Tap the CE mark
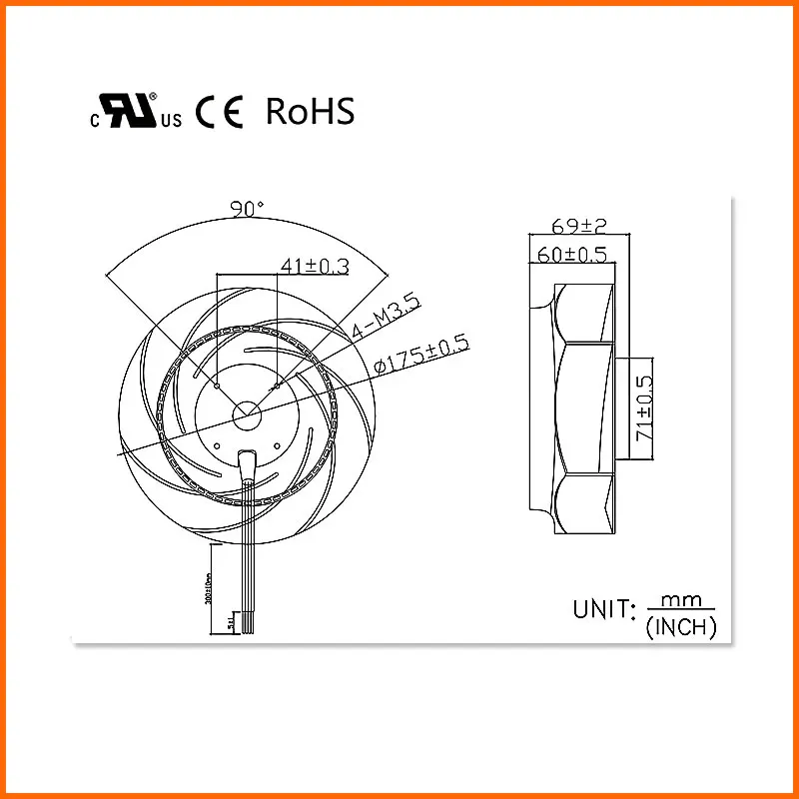point(220,112)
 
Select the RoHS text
point(310,112)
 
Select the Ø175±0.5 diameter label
point(420,356)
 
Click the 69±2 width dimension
point(578,226)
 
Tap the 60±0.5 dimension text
point(573,255)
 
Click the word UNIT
point(603,609)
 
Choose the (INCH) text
point(681,628)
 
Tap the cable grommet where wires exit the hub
point(248,460)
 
